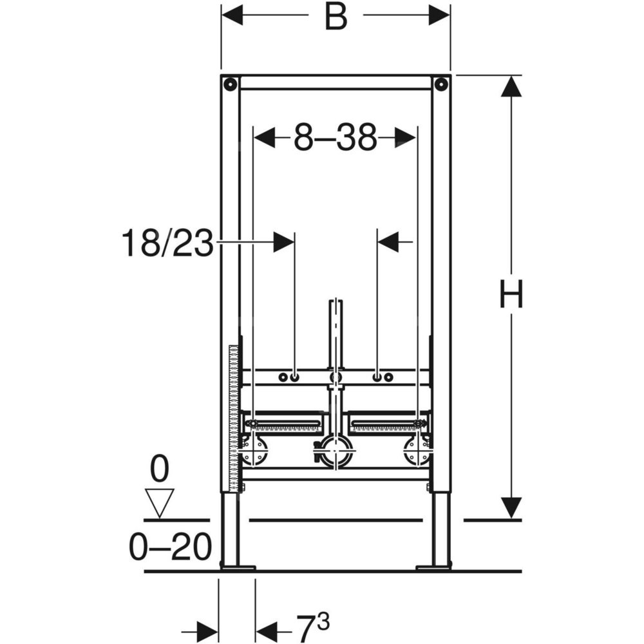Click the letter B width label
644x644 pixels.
pyautogui.click(x=336, y=17)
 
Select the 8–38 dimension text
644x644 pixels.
pyautogui.click(x=335, y=138)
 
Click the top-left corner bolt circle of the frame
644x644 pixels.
pyautogui.click(x=231, y=84)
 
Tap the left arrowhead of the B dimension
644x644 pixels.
pyautogui.click(x=232, y=15)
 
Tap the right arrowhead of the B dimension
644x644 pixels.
pyautogui.click(x=439, y=15)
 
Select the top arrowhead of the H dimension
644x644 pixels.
pyautogui.click(x=511, y=86)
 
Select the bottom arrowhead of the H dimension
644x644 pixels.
pyautogui.click(x=511, y=508)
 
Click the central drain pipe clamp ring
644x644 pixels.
pyautogui.click(x=336, y=451)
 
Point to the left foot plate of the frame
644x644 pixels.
pyautogui.click(x=238, y=568)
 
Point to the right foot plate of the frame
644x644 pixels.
pyautogui.click(x=433, y=568)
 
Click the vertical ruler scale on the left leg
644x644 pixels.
pyautogui.click(x=234, y=419)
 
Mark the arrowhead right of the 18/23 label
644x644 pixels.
pyautogui.click(x=284, y=242)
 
